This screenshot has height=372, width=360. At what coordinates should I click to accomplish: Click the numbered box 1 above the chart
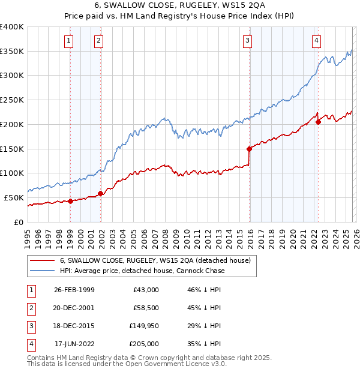[70, 41]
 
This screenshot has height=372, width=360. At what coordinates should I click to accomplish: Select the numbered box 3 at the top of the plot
[247, 41]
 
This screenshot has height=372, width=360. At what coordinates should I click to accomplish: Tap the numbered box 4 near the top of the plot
[316, 41]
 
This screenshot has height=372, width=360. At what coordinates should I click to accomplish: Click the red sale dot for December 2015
[249, 148]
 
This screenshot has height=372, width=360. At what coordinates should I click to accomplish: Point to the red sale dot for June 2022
[318, 122]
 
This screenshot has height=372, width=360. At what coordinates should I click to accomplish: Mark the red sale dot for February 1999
[71, 201]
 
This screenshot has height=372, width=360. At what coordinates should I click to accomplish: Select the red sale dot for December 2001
[101, 193]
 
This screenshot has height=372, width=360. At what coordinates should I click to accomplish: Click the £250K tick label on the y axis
[12, 100]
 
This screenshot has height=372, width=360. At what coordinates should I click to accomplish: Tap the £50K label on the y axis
[14, 197]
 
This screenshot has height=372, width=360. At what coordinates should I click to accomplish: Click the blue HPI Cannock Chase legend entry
[142, 271]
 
